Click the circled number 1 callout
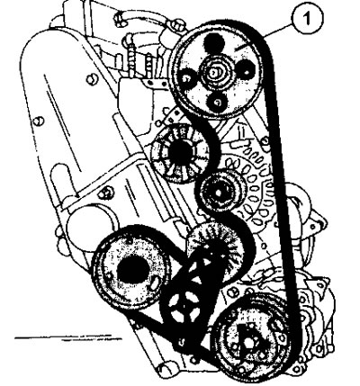coord(307,19)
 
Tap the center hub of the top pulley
coord(215,72)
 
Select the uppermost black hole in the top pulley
coord(213,42)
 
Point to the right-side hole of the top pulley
coord(247,72)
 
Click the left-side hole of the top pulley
coord(186,78)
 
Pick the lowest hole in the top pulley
coord(218,103)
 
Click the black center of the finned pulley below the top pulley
coord(181,153)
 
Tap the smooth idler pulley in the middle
coord(220,192)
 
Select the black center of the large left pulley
coord(133,271)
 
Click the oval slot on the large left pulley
coord(155,283)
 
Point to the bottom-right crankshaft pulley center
coord(250,341)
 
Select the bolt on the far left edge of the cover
coord(39,121)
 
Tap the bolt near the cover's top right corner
coord(92,79)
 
